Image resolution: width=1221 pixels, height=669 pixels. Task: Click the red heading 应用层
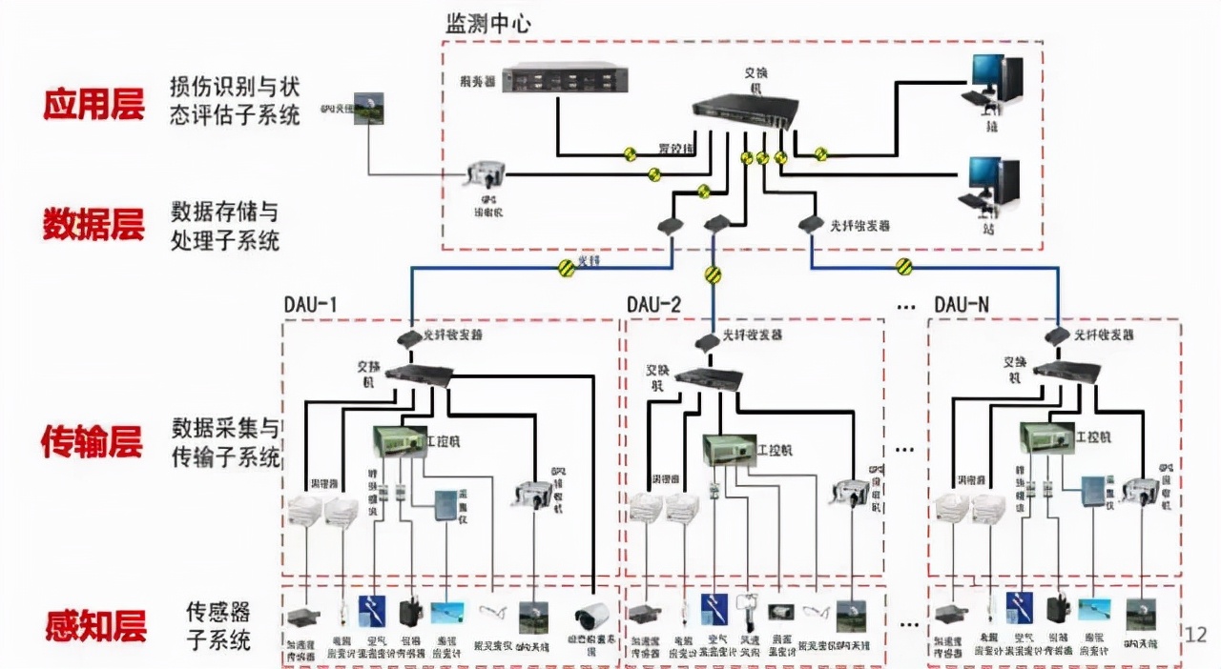click(x=93, y=103)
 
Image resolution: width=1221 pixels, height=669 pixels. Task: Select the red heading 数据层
click(x=93, y=224)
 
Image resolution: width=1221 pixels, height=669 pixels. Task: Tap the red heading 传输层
click(x=92, y=441)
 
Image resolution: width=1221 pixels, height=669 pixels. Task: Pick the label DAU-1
click(x=311, y=304)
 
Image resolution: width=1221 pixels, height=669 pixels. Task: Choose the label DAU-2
click(x=653, y=304)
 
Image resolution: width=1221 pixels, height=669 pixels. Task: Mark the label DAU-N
click(x=962, y=304)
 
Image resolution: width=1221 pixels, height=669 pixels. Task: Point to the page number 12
click(x=1195, y=634)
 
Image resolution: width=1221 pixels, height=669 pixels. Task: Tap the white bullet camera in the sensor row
click(x=590, y=615)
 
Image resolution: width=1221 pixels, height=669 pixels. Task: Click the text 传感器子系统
click(x=219, y=625)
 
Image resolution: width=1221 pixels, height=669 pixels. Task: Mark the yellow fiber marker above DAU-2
click(x=712, y=275)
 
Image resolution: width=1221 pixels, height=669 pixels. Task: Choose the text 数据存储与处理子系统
click(x=225, y=225)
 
